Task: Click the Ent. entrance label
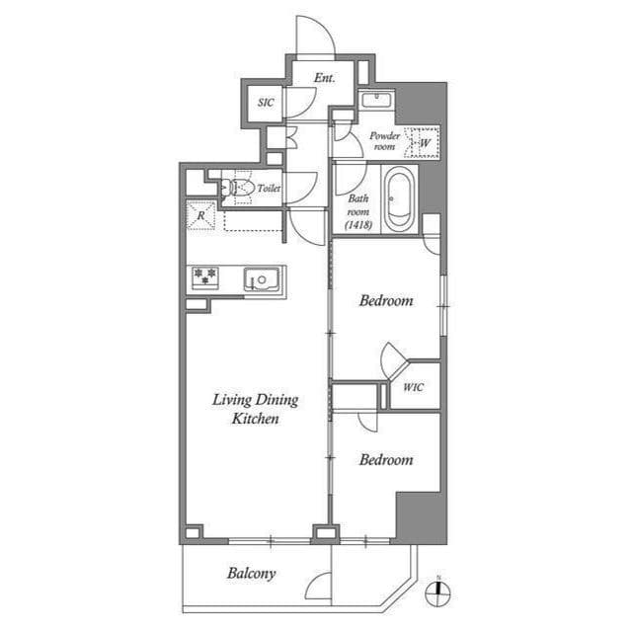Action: [x=325, y=78]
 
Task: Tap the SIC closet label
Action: [x=266, y=102]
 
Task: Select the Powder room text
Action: [x=384, y=140]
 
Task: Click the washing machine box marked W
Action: [x=424, y=143]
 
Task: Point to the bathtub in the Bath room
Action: [x=398, y=199]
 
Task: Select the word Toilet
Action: [x=270, y=188]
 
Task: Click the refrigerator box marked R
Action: [x=200, y=215]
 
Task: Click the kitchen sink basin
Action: [x=264, y=279]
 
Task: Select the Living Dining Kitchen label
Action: [x=256, y=409]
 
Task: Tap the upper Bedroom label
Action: [x=385, y=300]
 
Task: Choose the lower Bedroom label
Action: [x=385, y=459]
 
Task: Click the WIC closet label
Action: [x=413, y=386]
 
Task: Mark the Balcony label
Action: [x=251, y=573]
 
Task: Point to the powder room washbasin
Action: [x=376, y=99]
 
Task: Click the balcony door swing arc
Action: [x=318, y=587]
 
